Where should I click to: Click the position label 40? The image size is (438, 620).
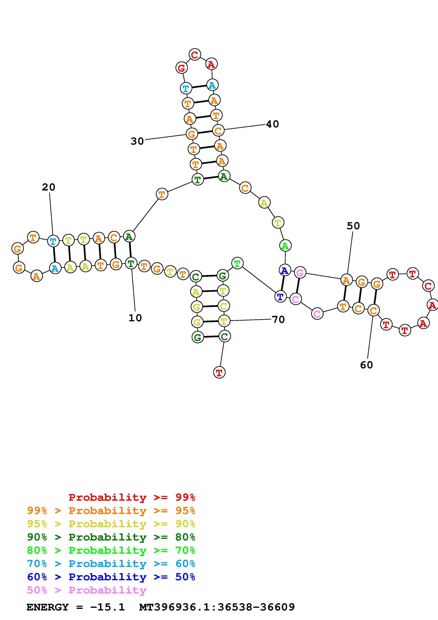click(x=272, y=124)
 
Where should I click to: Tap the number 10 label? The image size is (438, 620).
click(x=135, y=318)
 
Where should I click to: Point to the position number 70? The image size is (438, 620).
click(x=278, y=319)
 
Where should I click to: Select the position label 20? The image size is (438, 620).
click(x=49, y=187)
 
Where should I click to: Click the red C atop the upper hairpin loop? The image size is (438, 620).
click(x=195, y=55)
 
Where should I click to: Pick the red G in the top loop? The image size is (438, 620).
click(x=181, y=68)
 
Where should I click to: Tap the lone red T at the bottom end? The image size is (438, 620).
click(x=219, y=373)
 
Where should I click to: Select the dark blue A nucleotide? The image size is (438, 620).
click(x=285, y=270)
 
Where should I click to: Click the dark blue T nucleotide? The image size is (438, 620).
click(x=280, y=297)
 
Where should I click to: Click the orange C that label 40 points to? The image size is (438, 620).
click(x=218, y=131)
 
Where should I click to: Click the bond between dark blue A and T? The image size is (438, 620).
click(x=283, y=283)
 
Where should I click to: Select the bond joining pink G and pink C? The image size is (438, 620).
click(x=298, y=286)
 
